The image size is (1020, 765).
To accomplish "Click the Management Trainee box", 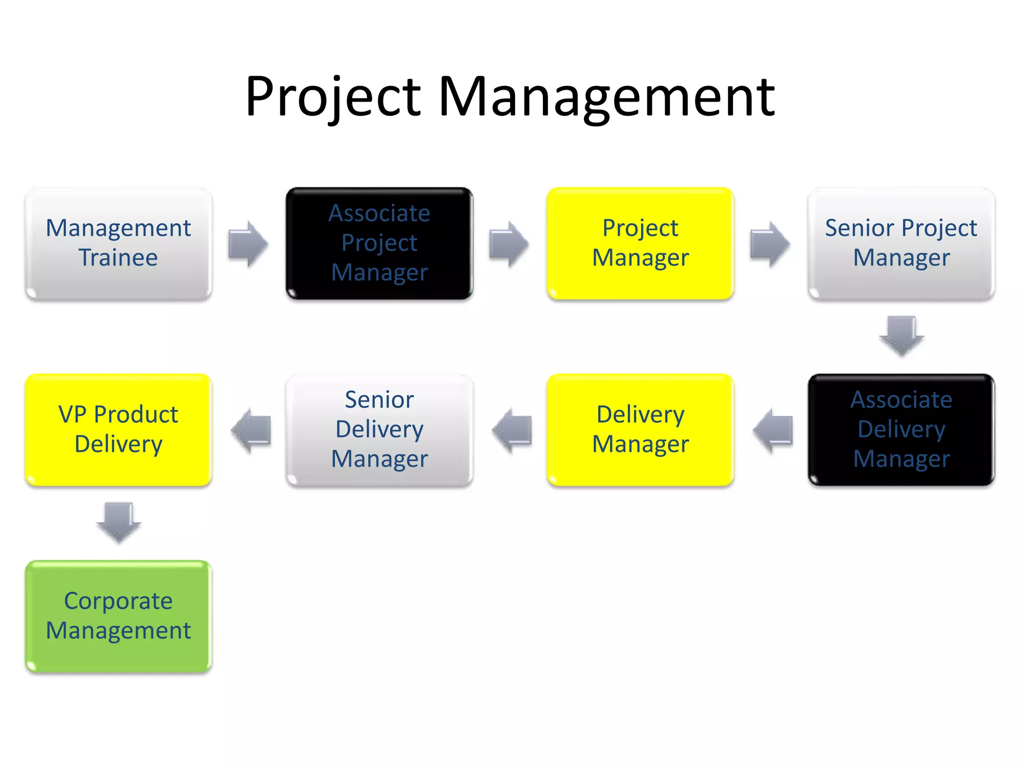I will (x=119, y=244).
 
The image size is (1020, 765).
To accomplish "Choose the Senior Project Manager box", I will (x=901, y=244).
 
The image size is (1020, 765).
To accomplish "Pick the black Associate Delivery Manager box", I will (x=901, y=430).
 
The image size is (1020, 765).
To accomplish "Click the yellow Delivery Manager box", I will (x=640, y=430).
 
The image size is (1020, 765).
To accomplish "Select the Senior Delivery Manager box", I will (x=379, y=430).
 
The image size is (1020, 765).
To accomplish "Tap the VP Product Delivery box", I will (x=119, y=430).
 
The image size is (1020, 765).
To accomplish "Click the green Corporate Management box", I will (x=119, y=616).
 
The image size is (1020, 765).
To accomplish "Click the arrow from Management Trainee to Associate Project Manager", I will (x=249, y=244).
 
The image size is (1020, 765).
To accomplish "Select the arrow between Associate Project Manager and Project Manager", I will (x=509, y=244).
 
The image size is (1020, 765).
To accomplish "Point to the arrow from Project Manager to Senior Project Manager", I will (x=770, y=244).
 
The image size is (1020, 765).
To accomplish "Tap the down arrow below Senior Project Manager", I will (x=901, y=336).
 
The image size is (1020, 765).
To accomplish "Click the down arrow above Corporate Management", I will (x=119, y=522).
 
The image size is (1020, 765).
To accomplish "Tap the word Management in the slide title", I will (x=606, y=97).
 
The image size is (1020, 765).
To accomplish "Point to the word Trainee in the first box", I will (x=119, y=258).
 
